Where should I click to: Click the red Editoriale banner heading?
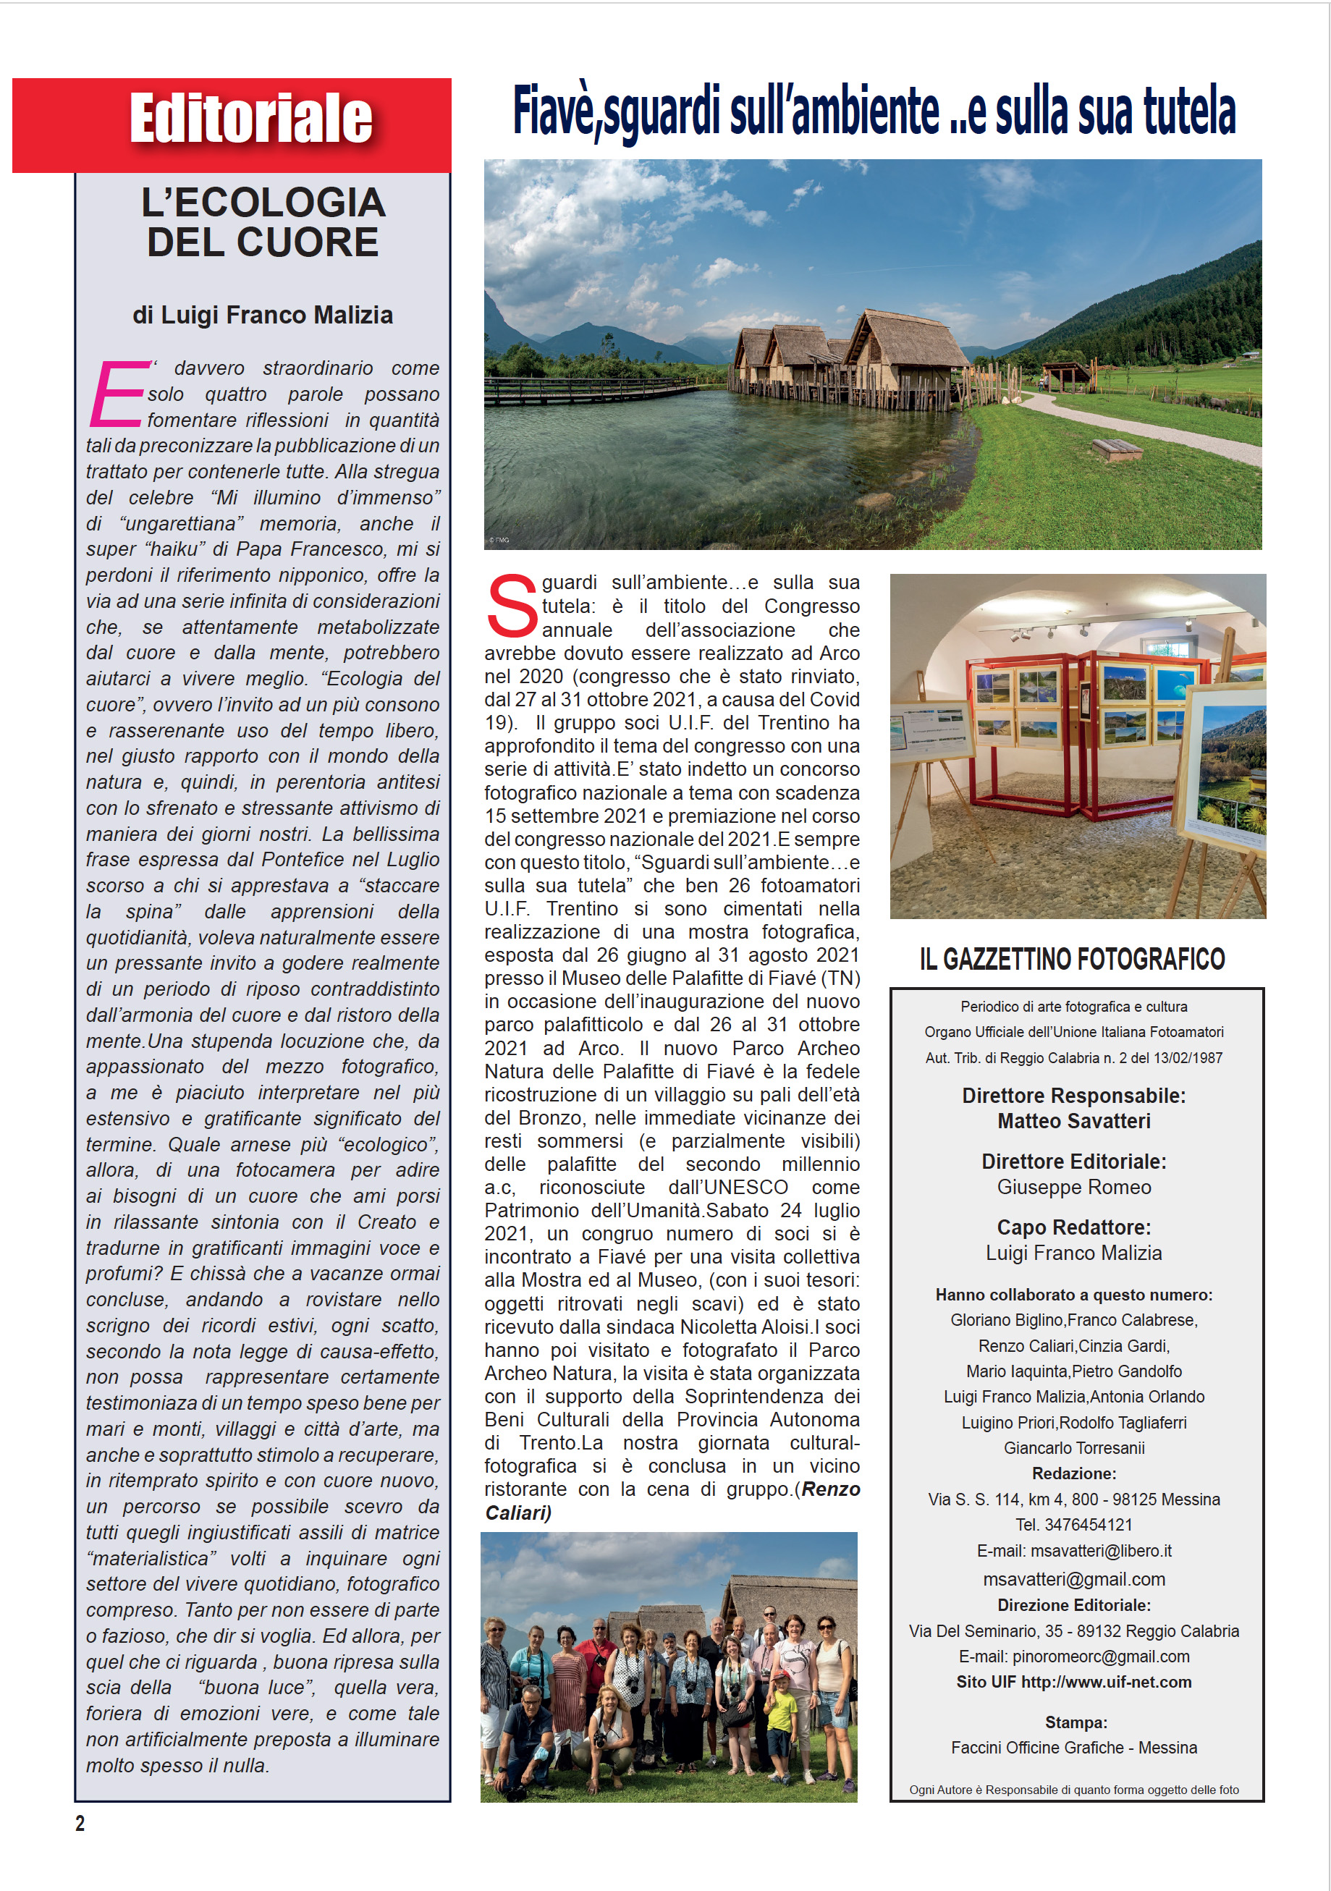click(250, 119)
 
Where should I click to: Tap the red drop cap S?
click(512, 606)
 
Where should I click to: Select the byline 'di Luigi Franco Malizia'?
click(263, 316)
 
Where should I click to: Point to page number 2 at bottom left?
click(80, 1824)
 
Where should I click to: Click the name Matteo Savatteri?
click(1074, 1121)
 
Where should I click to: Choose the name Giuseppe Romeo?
click(1074, 1187)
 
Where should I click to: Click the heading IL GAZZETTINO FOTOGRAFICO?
click(1073, 960)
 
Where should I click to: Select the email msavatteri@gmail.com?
click(1074, 1579)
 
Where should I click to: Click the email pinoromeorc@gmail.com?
click(1100, 1657)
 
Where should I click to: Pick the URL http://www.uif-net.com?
click(1106, 1682)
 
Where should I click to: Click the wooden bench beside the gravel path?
click(1116, 449)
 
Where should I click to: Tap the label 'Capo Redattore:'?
click(1074, 1227)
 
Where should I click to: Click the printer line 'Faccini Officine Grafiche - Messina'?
click(1074, 1748)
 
